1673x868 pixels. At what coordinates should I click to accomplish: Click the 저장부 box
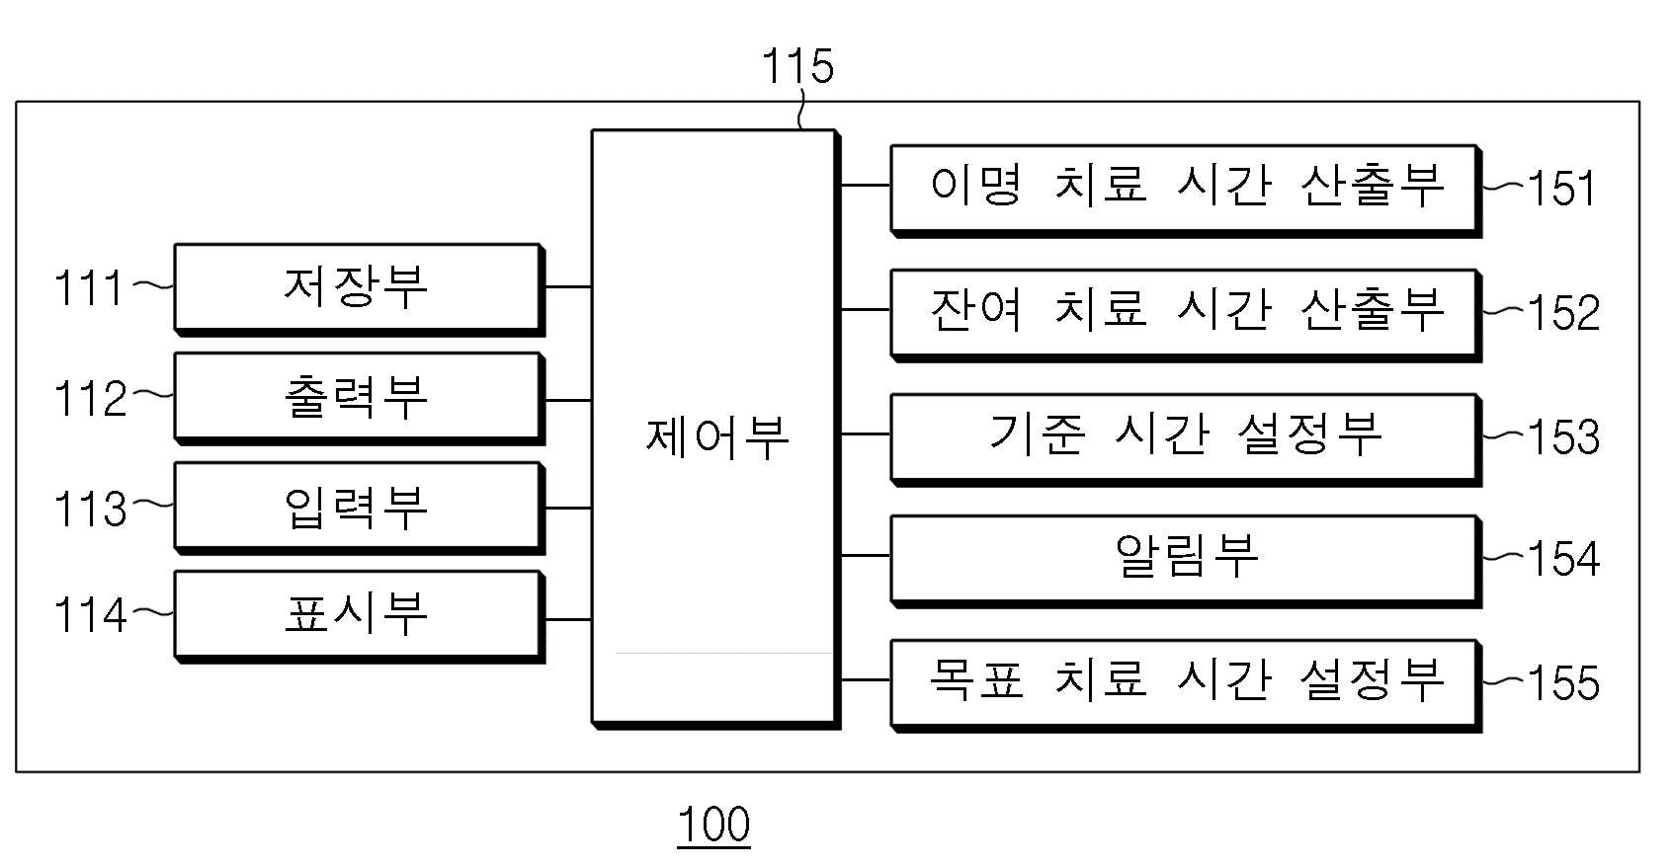tap(360, 288)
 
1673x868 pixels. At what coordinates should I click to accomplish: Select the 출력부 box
tap(360, 399)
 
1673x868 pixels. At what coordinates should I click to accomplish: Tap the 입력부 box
tap(360, 509)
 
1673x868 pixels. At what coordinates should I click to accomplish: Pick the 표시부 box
tap(360, 617)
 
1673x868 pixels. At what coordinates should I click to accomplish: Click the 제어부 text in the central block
tap(716, 437)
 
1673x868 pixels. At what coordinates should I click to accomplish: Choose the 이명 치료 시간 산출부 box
tap(1186, 191)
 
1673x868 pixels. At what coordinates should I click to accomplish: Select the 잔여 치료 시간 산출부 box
tap(1186, 316)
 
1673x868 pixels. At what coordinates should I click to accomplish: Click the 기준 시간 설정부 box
tap(1186, 440)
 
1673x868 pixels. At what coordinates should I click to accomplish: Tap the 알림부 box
tap(1186, 561)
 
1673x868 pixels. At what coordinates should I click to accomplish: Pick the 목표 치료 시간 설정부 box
tap(1186, 686)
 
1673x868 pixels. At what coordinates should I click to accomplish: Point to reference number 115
tap(797, 66)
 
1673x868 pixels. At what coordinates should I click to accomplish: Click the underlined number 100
tap(714, 825)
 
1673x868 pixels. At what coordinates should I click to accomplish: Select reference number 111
tap(88, 288)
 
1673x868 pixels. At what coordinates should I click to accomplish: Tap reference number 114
tap(90, 615)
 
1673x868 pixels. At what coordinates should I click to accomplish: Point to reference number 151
tap(1561, 188)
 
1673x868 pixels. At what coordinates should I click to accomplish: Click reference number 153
tap(1563, 436)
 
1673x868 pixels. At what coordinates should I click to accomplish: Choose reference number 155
tap(1563, 682)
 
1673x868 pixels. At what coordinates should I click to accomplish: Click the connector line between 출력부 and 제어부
tap(568, 401)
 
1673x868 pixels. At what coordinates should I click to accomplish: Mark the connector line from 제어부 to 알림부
tap(866, 555)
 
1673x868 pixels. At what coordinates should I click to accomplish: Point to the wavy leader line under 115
tap(801, 111)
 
